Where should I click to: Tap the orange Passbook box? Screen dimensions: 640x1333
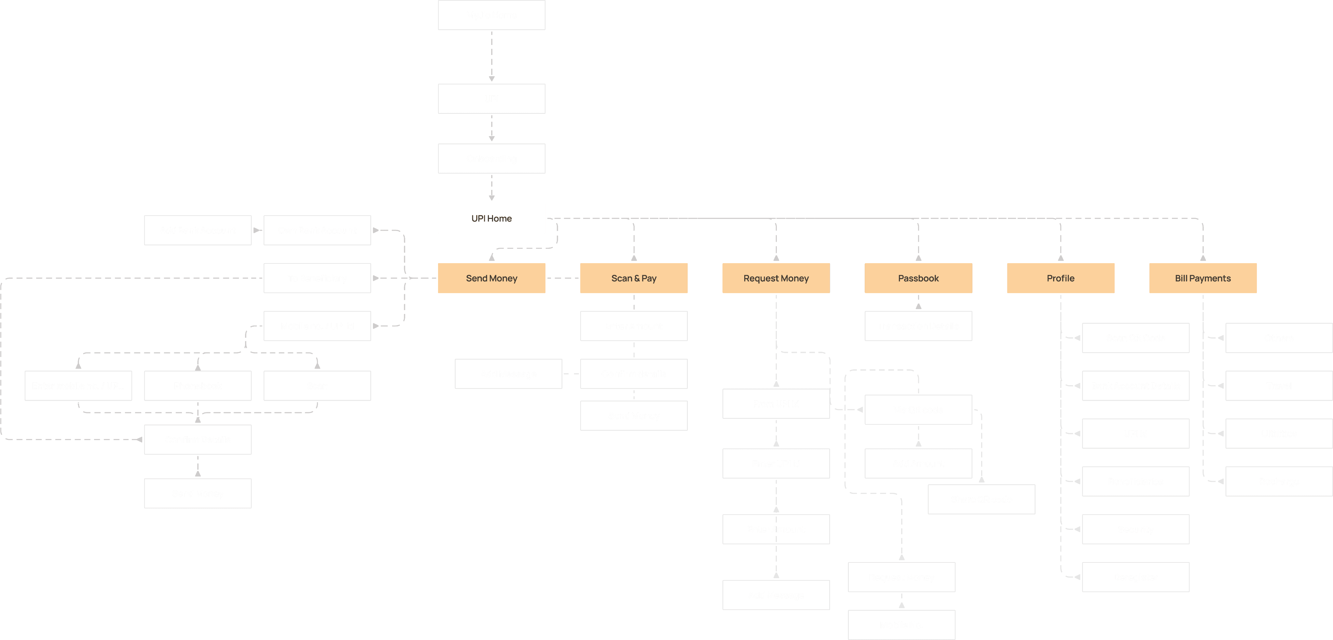918,278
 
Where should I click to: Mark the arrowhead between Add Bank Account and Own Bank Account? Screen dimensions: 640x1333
257,230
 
